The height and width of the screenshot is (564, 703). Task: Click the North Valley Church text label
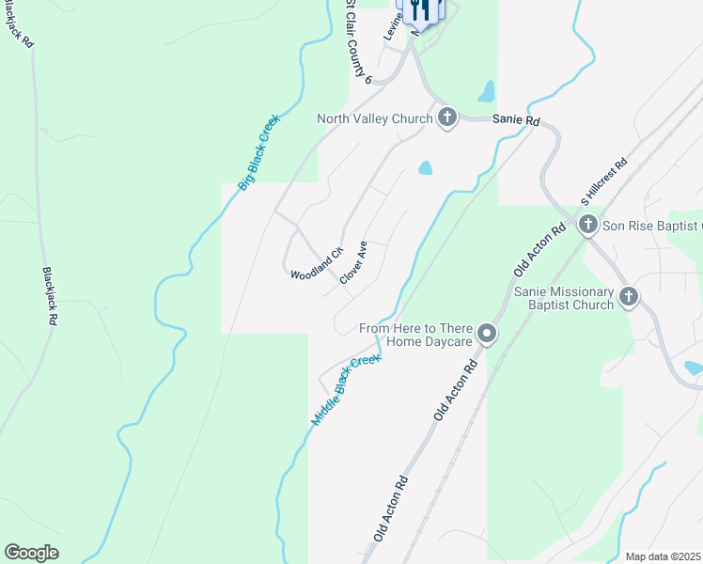tap(374, 118)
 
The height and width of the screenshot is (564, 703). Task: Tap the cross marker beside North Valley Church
tap(447, 117)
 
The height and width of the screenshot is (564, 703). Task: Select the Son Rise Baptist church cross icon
tap(588, 225)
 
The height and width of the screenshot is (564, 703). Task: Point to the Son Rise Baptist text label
tap(652, 226)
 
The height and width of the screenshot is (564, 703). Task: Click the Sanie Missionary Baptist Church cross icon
tap(629, 297)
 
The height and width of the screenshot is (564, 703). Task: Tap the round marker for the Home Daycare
tap(487, 333)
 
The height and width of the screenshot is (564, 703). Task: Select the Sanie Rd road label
tap(520, 122)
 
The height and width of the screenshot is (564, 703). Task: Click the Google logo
tap(31, 553)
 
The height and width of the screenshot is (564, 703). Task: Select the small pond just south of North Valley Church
tap(425, 168)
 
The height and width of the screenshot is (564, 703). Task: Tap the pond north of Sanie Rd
tap(486, 91)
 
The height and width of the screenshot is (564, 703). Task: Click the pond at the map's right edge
tap(694, 368)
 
